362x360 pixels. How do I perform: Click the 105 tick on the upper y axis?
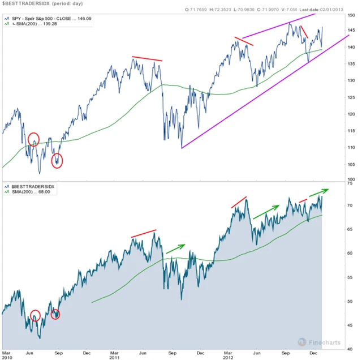pyautogui.click(x=352, y=165)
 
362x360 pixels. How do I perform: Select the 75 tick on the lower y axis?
pyautogui.click(x=352, y=183)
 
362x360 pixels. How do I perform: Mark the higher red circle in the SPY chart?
pyautogui.click(x=33, y=139)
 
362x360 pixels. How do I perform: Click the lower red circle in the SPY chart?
pyautogui.click(x=57, y=161)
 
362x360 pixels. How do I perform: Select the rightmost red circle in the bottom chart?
pyautogui.click(x=55, y=314)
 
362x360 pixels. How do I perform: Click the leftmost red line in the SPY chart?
pyautogui.click(x=146, y=58)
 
